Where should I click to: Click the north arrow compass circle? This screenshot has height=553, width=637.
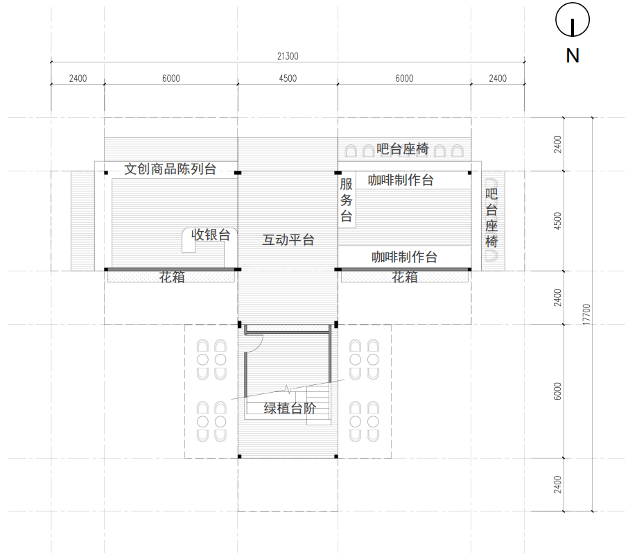(x=573, y=3)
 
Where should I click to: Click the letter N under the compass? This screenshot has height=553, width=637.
(x=573, y=56)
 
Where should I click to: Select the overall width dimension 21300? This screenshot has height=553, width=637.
(x=288, y=56)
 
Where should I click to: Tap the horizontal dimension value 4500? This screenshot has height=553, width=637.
(x=288, y=78)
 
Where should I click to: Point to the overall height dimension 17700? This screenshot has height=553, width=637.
(x=586, y=314)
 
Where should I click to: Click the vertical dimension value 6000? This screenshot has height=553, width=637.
(x=557, y=391)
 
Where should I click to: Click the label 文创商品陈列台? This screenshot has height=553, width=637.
(x=170, y=169)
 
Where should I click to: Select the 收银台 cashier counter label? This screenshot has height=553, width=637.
(x=211, y=235)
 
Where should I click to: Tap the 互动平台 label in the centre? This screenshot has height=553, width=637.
(x=288, y=240)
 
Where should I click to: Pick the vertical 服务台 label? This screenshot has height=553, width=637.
(x=346, y=200)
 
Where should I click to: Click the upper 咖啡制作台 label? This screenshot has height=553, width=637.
(x=401, y=180)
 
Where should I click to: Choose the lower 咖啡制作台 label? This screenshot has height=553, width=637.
(x=404, y=257)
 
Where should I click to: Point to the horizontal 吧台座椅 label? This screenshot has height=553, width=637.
(x=402, y=148)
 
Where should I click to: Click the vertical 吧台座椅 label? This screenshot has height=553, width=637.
(x=491, y=218)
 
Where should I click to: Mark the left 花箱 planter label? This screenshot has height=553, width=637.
(x=172, y=277)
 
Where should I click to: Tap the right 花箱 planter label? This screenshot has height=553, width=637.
(x=404, y=277)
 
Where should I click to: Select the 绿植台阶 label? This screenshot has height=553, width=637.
(x=290, y=408)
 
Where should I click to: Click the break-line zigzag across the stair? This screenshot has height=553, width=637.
(x=288, y=389)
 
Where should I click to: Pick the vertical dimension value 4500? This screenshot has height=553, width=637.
(x=557, y=221)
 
